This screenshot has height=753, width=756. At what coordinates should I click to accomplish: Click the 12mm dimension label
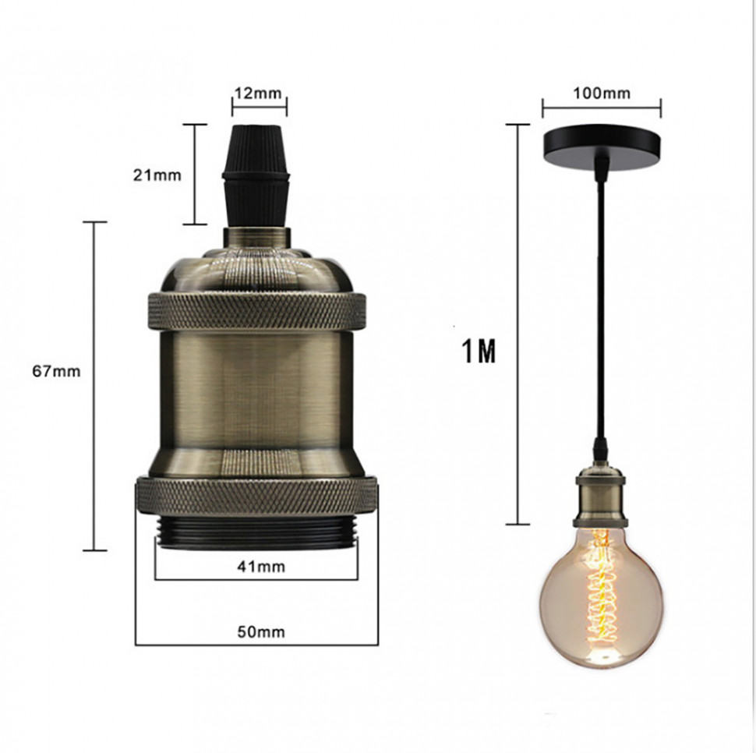(258, 93)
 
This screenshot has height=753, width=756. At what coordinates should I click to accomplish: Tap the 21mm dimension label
(157, 175)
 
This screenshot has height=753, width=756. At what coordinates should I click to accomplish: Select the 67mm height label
(56, 371)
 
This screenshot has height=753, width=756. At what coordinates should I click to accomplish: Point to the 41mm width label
(261, 567)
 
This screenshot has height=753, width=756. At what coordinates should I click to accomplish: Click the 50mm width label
(261, 631)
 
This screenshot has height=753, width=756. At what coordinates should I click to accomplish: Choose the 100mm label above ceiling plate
(601, 93)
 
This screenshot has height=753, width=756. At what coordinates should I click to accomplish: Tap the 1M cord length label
(479, 351)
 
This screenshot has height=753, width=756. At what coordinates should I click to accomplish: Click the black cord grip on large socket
(256, 175)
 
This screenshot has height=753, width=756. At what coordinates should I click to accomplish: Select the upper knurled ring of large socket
(256, 311)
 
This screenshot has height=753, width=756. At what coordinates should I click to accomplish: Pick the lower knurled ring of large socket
(257, 497)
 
